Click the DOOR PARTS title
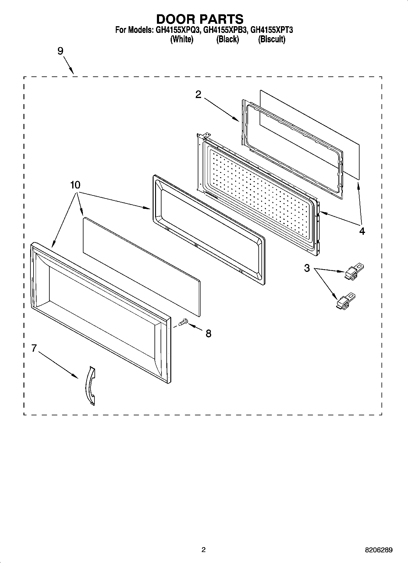point(200,19)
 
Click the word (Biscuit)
point(271,39)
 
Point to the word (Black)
point(227,39)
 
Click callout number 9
point(60,51)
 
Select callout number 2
point(198,95)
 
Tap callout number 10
point(75,185)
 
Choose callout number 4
point(362,231)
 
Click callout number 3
point(307,268)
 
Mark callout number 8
point(208,333)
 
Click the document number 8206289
point(379,550)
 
